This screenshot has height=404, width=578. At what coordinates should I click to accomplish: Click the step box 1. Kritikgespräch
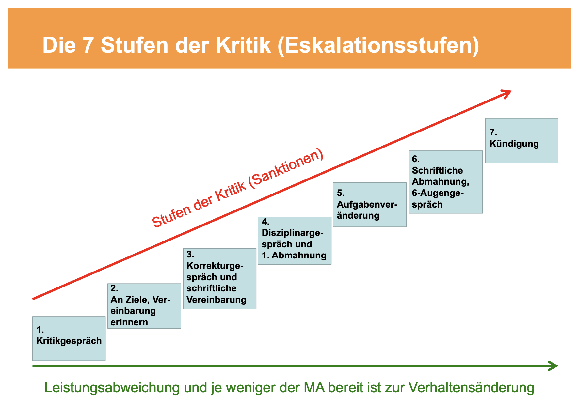tap(69, 338)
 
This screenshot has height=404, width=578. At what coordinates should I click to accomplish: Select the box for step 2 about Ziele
tap(144, 306)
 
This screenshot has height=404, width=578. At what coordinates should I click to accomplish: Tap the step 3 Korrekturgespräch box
tap(219, 279)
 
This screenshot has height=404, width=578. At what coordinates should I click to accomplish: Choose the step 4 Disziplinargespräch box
tap(295, 241)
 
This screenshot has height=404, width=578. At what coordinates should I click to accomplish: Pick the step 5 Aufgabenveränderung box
tap(370, 205)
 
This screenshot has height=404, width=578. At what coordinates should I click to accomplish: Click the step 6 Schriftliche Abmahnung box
tap(446, 182)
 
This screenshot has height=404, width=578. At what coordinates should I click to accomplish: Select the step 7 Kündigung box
tap(522, 141)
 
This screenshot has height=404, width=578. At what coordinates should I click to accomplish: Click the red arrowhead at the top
tap(506, 94)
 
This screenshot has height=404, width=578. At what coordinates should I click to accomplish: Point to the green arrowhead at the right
tap(553, 366)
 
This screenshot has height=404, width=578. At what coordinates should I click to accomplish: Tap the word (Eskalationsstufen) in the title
tap(378, 46)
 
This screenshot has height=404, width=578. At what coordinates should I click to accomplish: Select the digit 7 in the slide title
tap(88, 45)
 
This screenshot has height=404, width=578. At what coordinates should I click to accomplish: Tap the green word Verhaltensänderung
tap(472, 388)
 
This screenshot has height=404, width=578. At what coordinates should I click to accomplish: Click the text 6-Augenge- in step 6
tap(438, 193)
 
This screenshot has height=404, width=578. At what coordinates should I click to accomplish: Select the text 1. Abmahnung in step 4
tap(294, 255)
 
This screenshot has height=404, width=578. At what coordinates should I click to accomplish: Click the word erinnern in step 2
tap(129, 322)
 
